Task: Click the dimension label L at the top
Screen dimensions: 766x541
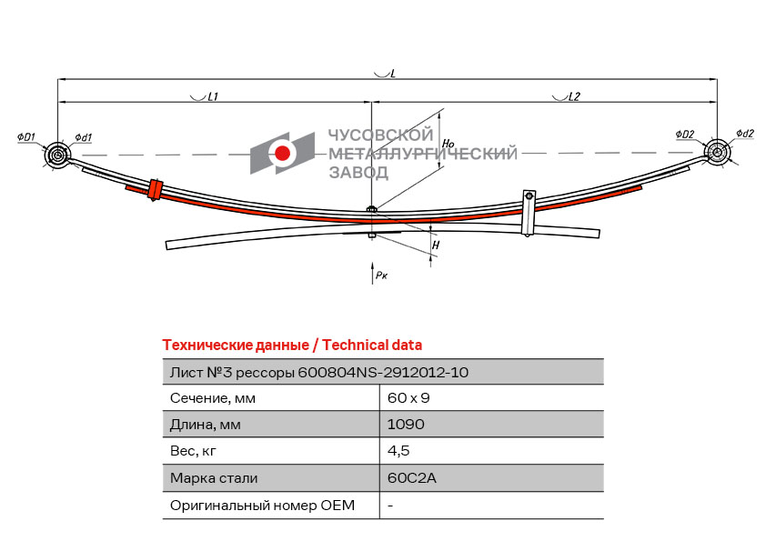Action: [x=392, y=74]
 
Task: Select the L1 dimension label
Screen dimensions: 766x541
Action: [x=213, y=96]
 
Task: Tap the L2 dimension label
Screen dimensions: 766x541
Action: [x=574, y=96]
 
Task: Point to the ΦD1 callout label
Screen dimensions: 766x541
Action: [x=26, y=137]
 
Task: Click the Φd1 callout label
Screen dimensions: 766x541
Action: [x=84, y=137]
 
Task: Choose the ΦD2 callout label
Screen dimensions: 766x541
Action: [x=685, y=134]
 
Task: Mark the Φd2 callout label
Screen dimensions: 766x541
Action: [x=745, y=134]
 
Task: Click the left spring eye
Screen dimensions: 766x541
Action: [x=57, y=155]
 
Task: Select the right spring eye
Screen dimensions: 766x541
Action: [x=717, y=152]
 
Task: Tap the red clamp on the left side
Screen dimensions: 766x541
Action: [x=155, y=190]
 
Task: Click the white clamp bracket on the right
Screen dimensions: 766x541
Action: [x=529, y=213]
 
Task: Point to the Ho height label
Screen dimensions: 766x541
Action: [x=448, y=144]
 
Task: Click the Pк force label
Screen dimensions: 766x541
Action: [x=381, y=275]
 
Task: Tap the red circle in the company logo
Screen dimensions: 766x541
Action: [x=282, y=153]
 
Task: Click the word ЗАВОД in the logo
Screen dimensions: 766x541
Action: [x=358, y=173]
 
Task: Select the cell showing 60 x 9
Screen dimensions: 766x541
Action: [x=408, y=398]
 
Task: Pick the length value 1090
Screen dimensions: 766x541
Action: [x=406, y=424]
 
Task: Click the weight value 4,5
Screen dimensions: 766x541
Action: [x=398, y=451]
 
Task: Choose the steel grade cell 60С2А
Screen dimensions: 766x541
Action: [x=412, y=477]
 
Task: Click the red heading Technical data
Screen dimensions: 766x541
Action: [x=372, y=346]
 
